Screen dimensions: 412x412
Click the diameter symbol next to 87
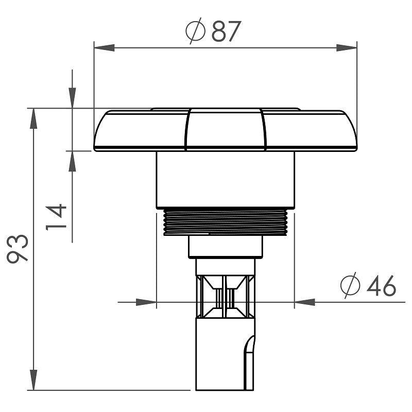tap(195, 31)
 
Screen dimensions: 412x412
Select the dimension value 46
tap(381, 286)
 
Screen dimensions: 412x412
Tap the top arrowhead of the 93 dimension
tap(33, 118)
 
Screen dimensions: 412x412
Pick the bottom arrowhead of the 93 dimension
tap(33, 380)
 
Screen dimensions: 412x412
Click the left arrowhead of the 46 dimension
tap(146, 302)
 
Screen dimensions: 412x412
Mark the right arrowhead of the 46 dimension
tap(304, 302)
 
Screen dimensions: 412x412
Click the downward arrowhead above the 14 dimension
tap(72, 98)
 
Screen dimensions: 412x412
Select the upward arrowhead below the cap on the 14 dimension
tap(72, 161)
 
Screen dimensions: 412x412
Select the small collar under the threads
tap(226, 247)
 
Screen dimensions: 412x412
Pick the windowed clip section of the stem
tap(226, 296)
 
